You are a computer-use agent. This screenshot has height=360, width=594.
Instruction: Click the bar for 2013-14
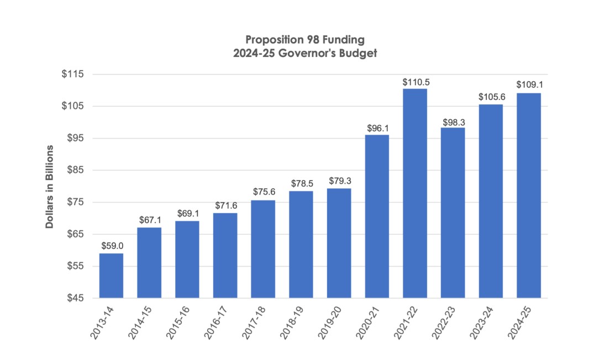pyautogui.click(x=111, y=276)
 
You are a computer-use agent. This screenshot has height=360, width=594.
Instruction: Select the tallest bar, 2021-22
pyautogui.click(x=414, y=193)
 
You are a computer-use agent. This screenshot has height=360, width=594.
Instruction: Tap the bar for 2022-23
pyautogui.click(x=453, y=213)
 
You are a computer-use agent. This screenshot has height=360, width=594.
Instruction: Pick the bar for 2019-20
pyautogui.click(x=339, y=243)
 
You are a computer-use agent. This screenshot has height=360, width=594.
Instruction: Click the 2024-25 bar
pyautogui.click(x=528, y=195)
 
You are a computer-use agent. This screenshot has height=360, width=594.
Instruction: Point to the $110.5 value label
pyautogui.click(x=414, y=82)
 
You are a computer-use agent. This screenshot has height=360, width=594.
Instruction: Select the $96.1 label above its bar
pyautogui.click(x=377, y=128)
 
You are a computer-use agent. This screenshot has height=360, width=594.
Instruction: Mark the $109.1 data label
pyautogui.click(x=528, y=85)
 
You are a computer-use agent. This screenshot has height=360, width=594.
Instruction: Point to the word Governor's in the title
pyautogui.click(x=316, y=53)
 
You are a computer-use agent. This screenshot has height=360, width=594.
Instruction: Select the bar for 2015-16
pyautogui.click(x=187, y=260)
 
